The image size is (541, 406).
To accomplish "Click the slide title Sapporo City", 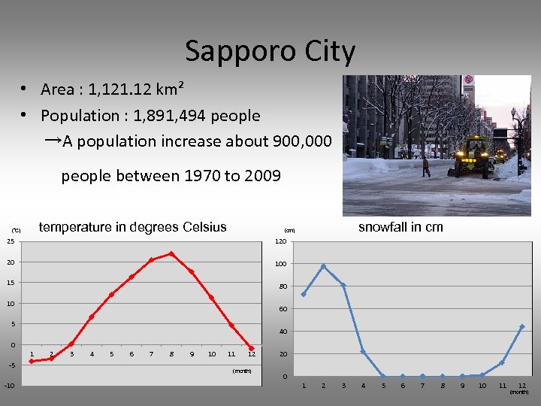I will click(270, 52).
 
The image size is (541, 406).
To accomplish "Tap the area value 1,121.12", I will click(120, 89).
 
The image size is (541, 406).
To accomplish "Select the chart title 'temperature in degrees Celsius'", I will click(132, 227).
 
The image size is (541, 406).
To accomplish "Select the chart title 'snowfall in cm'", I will click(400, 227).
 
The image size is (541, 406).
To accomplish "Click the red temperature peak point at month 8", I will click(171, 253).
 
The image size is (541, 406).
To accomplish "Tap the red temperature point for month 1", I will click(32, 361).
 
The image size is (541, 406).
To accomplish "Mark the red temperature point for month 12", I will click(252, 349).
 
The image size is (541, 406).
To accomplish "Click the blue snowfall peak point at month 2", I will click(323, 266).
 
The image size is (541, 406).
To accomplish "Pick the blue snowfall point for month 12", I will click(521, 327).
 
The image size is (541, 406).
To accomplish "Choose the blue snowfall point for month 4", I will click(363, 352).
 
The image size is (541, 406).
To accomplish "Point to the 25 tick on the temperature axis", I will click(11, 241).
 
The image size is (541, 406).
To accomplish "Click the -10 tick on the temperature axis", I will click(9, 386).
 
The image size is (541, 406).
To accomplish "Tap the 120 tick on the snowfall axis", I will click(281, 241).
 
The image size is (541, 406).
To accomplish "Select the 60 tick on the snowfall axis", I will click(283, 309).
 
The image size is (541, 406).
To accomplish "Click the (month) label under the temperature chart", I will click(241, 371).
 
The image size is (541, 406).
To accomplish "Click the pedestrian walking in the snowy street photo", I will click(426, 167).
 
